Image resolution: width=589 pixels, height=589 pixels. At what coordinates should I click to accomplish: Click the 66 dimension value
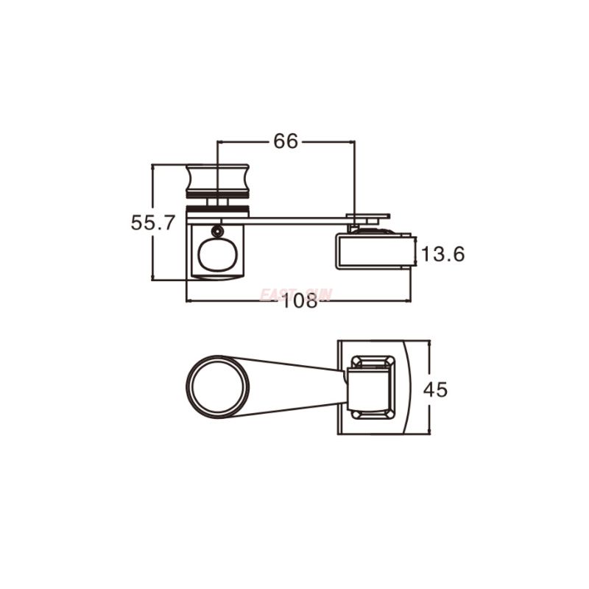click(x=286, y=141)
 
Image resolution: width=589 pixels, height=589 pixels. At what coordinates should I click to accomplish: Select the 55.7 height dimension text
click(x=152, y=222)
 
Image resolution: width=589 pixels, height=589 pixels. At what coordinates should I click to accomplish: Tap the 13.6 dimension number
click(x=443, y=255)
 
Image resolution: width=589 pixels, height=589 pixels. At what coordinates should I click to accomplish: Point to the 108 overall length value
click(x=298, y=301)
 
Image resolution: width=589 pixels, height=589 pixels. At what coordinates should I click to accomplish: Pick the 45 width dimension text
click(x=435, y=389)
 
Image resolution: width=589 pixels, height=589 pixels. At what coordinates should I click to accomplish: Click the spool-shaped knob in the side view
click(x=217, y=180)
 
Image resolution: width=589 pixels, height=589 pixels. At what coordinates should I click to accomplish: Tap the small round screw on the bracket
click(x=217, y=231)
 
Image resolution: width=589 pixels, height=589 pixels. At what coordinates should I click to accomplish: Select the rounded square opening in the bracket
click(x=216, y=255)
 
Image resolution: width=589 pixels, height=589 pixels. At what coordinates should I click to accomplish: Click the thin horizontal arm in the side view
click(x=294, y=219)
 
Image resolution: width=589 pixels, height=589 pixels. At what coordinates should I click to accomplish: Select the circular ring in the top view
click(x=218, y=387)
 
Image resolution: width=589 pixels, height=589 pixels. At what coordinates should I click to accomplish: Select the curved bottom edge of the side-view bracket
click(x=216, y=277)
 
